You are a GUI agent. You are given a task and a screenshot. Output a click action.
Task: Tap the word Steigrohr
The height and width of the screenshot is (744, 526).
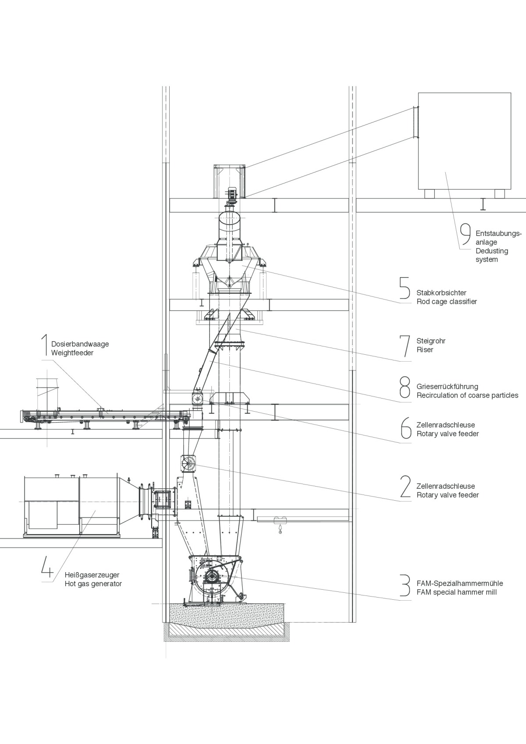point(431,341)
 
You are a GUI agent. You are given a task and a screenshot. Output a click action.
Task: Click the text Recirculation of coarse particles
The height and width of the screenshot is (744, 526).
point(467,395)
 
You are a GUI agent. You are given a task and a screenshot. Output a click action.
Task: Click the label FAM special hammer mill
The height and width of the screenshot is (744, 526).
point(457,592)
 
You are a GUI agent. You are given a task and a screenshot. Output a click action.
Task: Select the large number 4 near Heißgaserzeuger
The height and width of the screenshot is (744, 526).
point(47,566)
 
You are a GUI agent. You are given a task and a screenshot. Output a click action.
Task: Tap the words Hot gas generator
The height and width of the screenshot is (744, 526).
point(93,584)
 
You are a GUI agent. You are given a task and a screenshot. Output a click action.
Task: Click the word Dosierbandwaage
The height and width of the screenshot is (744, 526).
point(80,344)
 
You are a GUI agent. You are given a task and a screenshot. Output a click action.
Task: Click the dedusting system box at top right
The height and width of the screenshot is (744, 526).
point(464,140)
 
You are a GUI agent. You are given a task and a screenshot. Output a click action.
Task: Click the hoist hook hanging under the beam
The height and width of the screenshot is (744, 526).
point(278,528)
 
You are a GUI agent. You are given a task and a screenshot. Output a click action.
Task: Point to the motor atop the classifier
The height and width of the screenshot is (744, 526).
point(232,193)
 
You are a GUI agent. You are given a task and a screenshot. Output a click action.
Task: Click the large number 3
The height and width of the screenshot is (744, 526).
point(405,586)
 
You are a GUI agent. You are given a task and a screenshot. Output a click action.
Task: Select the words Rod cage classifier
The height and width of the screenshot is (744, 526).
point(447,302)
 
